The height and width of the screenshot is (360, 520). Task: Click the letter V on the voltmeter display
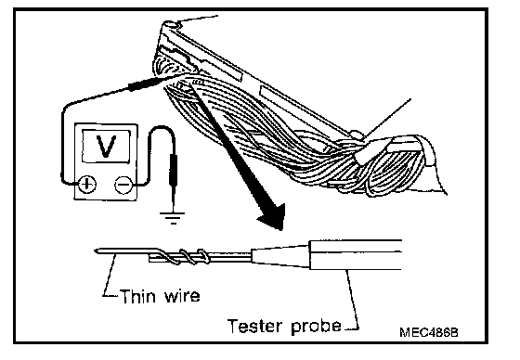106,146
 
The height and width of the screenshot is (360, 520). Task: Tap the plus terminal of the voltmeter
87,184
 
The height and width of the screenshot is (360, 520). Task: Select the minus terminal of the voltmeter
123,185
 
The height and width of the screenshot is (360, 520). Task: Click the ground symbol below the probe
173,218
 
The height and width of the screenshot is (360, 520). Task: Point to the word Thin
137,296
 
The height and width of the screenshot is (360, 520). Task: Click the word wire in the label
182,296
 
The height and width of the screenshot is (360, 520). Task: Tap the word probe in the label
316,327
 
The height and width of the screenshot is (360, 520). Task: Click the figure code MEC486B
428,332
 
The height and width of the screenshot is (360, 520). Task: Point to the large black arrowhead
273,216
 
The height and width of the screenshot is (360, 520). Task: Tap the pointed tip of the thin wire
96,251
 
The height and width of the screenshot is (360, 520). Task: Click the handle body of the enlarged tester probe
356,254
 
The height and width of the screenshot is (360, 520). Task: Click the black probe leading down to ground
173,171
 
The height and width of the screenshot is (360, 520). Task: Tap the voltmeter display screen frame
106,147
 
